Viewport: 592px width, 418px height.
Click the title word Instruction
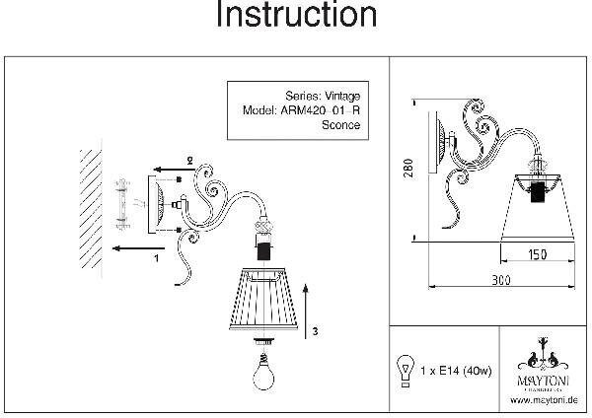(x=296, y=16)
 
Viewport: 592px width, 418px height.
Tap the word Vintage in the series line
(x=339, y=96)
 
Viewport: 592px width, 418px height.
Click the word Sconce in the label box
(x=341, y=125)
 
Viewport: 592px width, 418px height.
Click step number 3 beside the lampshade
(x=314, y=332)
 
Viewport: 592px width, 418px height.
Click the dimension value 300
(x=503, y=281)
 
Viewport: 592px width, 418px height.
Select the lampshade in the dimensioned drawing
(x=539, y=201)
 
